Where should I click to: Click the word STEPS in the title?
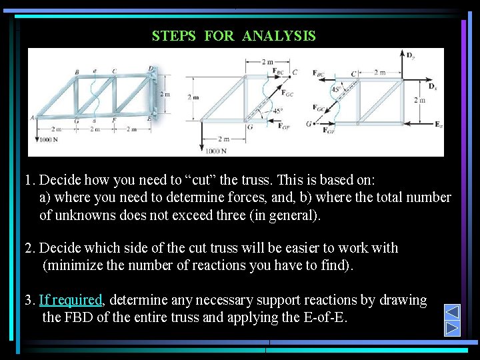[x=174, y=36]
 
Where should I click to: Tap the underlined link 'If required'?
[x=70, y=300]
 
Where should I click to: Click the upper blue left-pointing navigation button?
[x=452, y=312]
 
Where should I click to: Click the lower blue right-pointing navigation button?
[x=452, y=328]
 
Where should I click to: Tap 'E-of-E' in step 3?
[x=327, y=317]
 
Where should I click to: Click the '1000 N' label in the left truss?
[x=49, y=139]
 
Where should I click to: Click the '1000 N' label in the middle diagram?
[x=216, y=151]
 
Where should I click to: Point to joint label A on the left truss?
[x=31, y=117]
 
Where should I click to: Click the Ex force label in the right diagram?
[x=438, y=125]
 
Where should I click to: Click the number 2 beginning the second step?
[x=28, y=248]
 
